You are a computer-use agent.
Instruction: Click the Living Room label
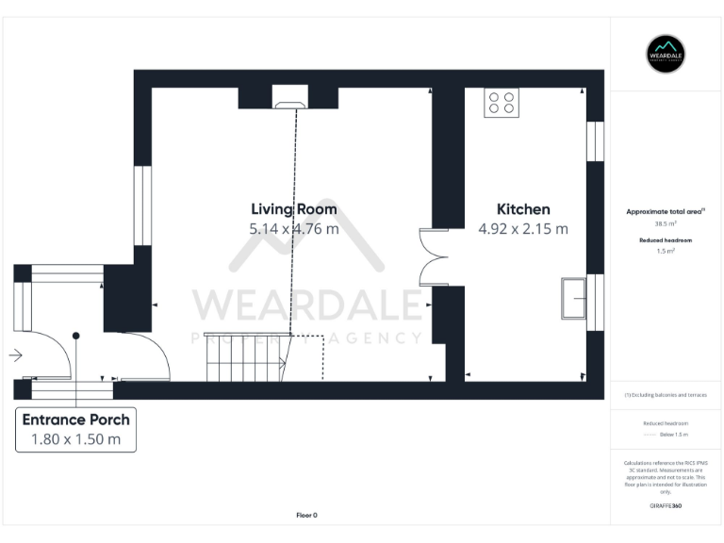(293, 209)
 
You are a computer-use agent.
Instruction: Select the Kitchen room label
(523, 209)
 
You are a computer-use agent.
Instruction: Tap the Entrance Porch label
(76, 420)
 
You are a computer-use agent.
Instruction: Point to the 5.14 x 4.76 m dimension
(293, 229)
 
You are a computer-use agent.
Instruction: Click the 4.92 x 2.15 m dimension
(523, 229)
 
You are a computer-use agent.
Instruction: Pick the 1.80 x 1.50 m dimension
(76, 439)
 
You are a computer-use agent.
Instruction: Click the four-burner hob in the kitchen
(502, 103)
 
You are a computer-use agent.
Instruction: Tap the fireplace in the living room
(288, 95)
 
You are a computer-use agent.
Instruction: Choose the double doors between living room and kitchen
(435, 256)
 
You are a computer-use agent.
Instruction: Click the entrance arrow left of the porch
(15, 355)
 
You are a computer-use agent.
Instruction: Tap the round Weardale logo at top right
(666, 54)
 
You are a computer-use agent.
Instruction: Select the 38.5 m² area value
(666, 223)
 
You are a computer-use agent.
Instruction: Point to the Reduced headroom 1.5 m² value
(666, 252)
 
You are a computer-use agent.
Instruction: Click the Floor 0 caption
(306, 515)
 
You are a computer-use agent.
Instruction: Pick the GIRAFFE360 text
(666, 506)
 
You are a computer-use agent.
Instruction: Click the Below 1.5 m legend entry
(672, 435)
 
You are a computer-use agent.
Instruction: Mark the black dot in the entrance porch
(76, 336)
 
